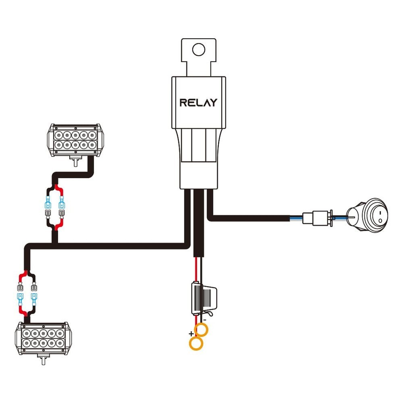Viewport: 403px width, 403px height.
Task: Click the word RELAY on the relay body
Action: [198, 102]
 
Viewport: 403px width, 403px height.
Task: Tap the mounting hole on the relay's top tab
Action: [198, 50]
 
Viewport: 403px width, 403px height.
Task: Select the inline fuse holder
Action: [205, 298]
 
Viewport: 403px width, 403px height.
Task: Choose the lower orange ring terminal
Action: [196, 344]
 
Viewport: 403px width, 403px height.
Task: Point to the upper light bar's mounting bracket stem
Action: [75, 161]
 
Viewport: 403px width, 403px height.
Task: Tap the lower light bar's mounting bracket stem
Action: [42, 360]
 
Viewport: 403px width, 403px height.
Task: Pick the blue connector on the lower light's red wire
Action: [20, 299]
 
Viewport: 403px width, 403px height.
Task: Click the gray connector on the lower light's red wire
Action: [20, 288]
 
